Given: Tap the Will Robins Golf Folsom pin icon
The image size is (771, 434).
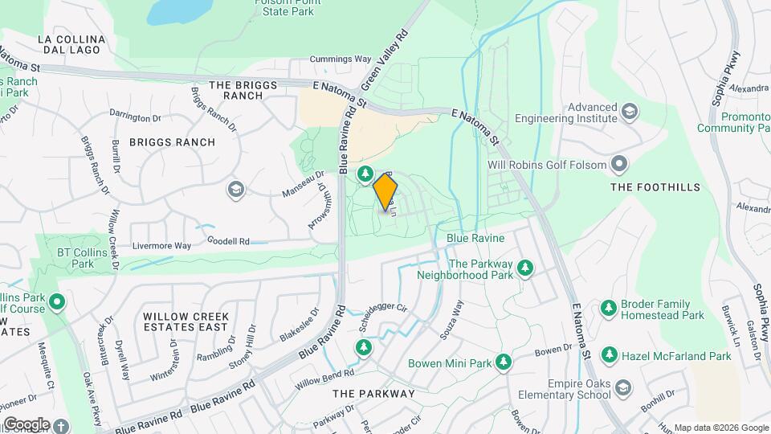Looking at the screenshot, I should [618, 165].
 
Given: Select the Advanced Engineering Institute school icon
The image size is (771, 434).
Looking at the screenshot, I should [630, 111].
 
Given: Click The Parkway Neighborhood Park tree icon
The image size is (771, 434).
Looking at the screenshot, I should [525, 266].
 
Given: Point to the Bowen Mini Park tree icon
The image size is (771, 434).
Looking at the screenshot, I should [504, 362].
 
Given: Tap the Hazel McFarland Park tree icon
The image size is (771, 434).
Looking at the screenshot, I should [610, 354].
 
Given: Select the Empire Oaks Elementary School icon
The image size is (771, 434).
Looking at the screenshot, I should [622, 390].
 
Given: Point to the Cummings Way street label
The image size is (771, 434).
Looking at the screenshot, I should [341, 59].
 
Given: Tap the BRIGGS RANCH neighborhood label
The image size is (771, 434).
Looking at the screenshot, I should [173, 142].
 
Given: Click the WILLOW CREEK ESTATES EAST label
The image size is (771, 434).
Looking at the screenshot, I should [186, 321].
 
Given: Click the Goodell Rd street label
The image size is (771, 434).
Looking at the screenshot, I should [228, 240].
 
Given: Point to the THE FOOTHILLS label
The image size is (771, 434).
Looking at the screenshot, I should [655, 187].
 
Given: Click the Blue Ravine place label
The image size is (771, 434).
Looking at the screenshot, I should [475, 239].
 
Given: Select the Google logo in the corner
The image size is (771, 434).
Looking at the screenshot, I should [27, 424].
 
